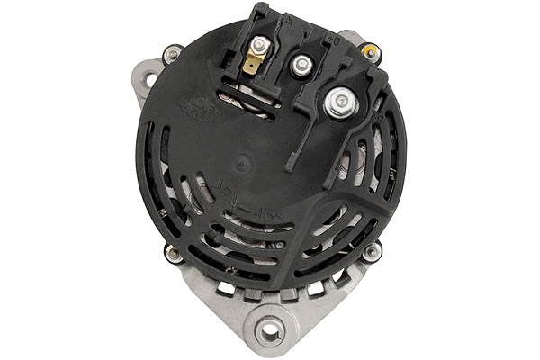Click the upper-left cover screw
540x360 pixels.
(x=170, y=56)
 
